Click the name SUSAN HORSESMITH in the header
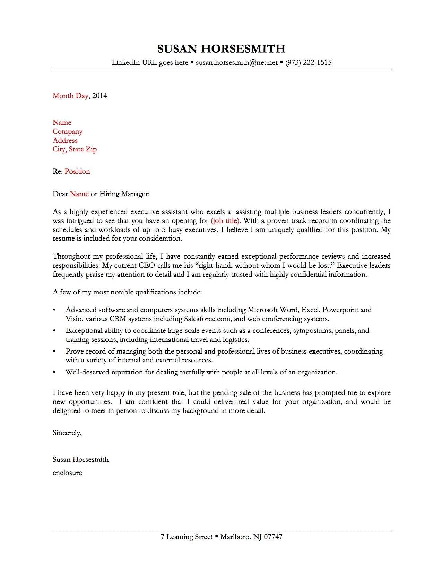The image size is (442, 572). point(221,49)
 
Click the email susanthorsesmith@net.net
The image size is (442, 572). point(237,63)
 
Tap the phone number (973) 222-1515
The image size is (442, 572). point(308,63)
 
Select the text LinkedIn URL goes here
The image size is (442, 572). point(150,63)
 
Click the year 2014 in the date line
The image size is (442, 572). point(99,96)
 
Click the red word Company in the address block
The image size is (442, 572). point(68,132)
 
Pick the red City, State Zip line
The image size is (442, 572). point(75,149)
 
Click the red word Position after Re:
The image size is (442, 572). point(77,172)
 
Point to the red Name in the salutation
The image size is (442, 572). point(79,194)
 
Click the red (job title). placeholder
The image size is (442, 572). point(226,221)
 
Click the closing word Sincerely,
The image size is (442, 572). point(67,433)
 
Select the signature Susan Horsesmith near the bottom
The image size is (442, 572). point(80,460)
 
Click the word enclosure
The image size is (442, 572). point(67,473)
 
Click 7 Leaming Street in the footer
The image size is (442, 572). point(187,537)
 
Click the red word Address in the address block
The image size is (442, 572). point(65,141)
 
